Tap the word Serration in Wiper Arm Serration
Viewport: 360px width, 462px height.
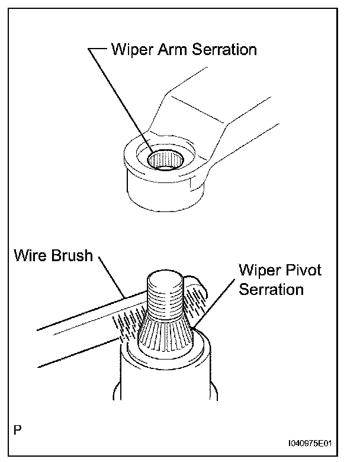coord(224,50)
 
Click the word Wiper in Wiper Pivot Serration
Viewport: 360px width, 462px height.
coord(258,271)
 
